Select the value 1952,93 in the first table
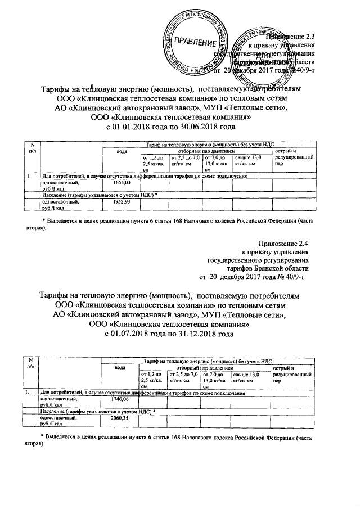[x=121, y=201]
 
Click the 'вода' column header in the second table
[x=120, y=368]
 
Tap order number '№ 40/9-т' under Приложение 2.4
[x=291, y=277]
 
